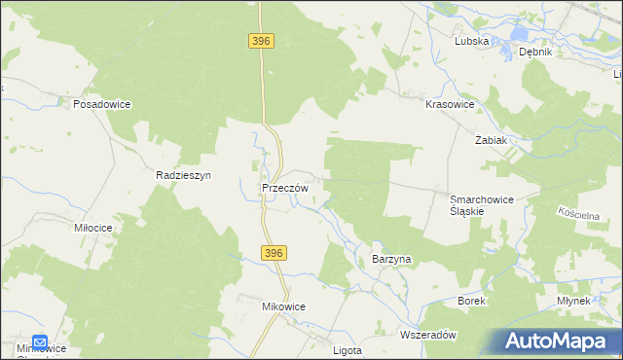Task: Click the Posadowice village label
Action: (101, 104)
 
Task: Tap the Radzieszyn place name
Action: (184, 175)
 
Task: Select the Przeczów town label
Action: (285, 188)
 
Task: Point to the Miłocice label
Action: (94, 227)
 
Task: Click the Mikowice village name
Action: (283, 306)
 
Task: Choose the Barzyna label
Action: (393, 260)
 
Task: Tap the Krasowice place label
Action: (450, 104)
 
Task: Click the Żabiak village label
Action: (491, 140)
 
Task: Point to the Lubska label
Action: (471, 41)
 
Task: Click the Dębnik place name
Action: (535, 52)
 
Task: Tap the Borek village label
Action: (471, 302)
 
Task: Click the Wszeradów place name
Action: (428, 334)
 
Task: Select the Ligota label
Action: (347, 349)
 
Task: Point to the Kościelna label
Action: (584, 212)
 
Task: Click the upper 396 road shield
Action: (261, 41)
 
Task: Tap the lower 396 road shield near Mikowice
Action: (274, 253)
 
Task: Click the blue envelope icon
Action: (40, 342)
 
